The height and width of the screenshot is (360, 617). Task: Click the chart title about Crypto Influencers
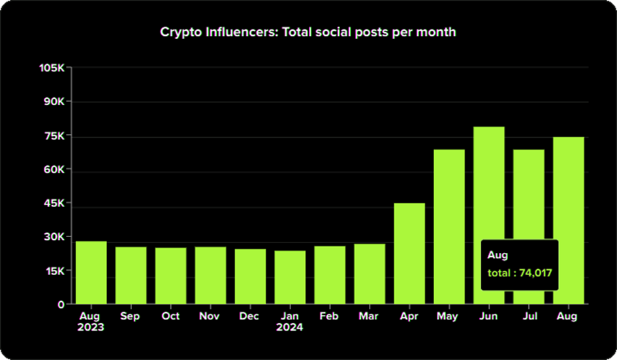(308, 32)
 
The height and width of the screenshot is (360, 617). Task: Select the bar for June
(489, 216)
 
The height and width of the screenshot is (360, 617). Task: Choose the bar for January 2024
(290, 278)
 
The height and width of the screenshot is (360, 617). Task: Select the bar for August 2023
(91, 272)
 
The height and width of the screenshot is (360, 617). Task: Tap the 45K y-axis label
(54, 203)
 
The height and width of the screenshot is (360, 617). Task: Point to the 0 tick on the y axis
(61, 304)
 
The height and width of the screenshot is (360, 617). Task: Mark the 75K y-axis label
(54, 136)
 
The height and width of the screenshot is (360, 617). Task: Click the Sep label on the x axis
(131, 316)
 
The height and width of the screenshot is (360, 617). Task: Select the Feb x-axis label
(330, 316)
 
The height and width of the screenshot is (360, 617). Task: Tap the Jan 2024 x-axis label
(290, 321)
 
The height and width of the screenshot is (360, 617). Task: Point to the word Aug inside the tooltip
(498, 255)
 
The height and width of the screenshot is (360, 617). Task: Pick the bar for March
(370, 274)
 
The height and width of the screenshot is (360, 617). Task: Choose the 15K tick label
(54, 270)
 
